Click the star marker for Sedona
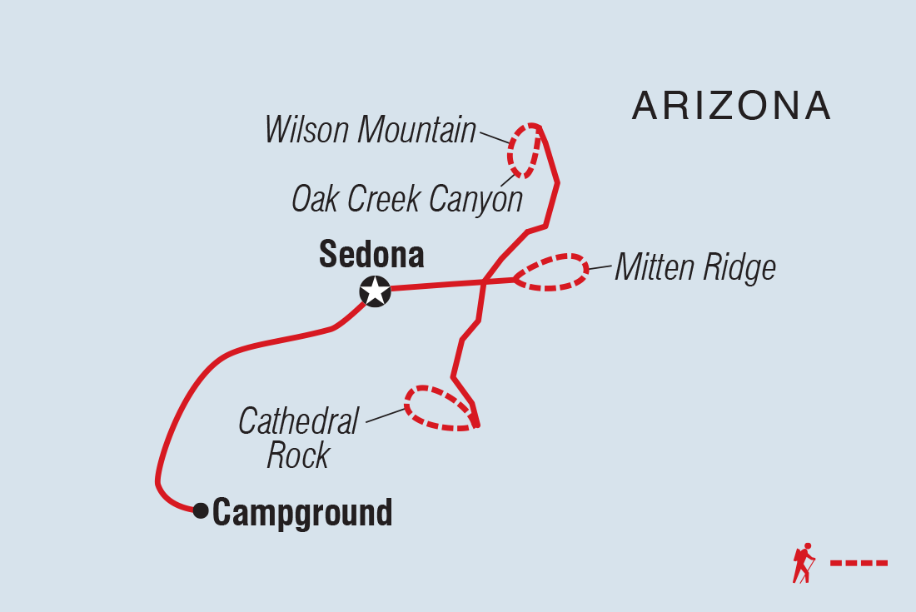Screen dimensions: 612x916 click(375, 291)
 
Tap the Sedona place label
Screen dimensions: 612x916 click(371, 255)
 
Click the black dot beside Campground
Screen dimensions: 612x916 click(200, 510)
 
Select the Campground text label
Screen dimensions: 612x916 click(302, 512)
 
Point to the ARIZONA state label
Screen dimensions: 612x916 click(731, 106)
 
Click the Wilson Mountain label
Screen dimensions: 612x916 click(371, 131)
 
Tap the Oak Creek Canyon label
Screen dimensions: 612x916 click(406, 199)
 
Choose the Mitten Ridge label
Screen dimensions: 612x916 click(695, 268)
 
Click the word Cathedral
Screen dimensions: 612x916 click(298, 421)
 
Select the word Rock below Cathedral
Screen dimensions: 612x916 click(298, 456)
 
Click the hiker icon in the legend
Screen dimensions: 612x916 click(804, 564)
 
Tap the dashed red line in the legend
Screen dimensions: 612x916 click(859, 564)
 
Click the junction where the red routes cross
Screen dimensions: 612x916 click(484, 282)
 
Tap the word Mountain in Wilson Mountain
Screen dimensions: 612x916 click(419, 131)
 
